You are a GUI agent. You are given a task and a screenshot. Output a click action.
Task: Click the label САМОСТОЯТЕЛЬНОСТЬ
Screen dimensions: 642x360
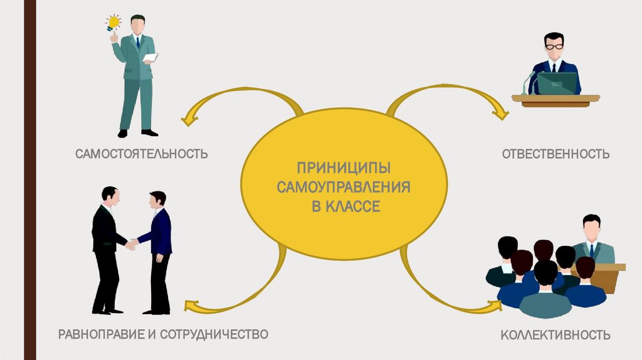pos(142,154)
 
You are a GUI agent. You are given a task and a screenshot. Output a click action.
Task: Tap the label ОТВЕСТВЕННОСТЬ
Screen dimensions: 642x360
pos(555,154)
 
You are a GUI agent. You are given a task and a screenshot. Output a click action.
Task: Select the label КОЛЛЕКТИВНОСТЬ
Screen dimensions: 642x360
pos(555,335)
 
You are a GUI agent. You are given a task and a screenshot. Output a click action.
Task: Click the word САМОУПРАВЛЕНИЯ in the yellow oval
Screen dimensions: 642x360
pos(345,187)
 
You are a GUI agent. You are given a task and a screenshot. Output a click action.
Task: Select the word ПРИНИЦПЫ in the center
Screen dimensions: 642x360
pos(344,168)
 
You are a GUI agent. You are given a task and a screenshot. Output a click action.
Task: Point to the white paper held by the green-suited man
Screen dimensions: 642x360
pos(150,58)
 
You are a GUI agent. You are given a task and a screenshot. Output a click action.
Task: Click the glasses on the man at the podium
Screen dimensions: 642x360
pos(554,46)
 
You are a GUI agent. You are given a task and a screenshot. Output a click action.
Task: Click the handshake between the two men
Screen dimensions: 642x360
pos(131,243)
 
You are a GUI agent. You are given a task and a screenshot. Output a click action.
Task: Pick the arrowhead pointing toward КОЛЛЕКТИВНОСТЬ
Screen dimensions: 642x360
pos(495,306)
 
